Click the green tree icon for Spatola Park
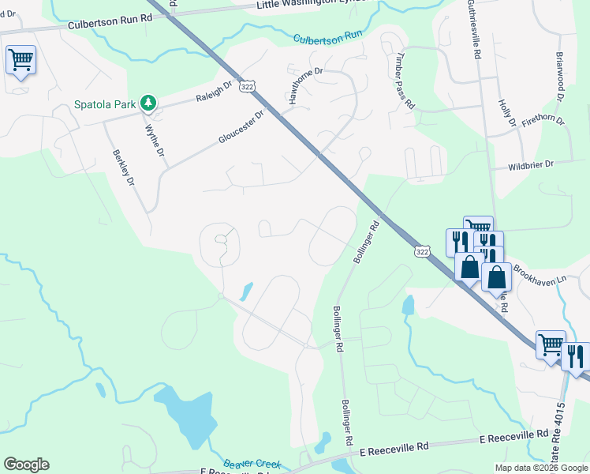tap(147, 103)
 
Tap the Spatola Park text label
tap(105, 103)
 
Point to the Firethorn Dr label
tap(543, 120)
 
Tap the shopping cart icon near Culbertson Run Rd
tap(21, 59)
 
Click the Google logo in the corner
tap(26, 465)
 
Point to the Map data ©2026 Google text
tap(540, 468)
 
